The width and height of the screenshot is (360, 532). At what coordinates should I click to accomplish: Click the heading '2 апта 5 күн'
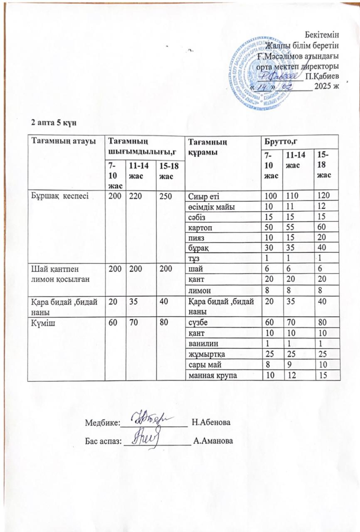52,123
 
